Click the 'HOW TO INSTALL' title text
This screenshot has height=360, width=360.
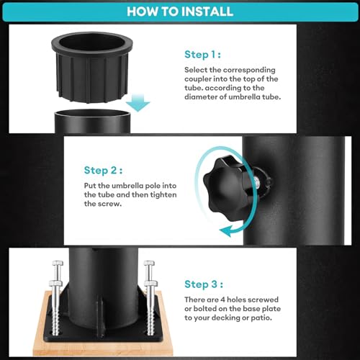coord(180,12)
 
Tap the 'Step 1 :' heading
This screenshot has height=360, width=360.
coord(202,55)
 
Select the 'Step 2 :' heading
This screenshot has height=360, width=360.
coord(103,171)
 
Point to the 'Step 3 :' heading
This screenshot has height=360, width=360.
coord(204,284)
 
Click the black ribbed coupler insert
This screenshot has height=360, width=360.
coord(92,67)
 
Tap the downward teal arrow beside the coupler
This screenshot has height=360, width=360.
coord(138,103)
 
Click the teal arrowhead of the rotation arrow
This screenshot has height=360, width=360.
coord(227,231)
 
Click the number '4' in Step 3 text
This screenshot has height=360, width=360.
coord(223,300)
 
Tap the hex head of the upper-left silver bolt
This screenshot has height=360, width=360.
coord(58,263)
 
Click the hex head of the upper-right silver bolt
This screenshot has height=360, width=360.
coord(149,263)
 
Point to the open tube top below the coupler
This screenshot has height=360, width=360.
coord(93,113)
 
